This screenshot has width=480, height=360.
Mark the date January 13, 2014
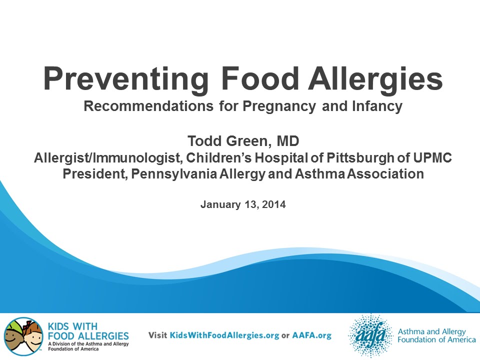pos(243,204)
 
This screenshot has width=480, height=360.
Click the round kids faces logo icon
pos(23,336)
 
